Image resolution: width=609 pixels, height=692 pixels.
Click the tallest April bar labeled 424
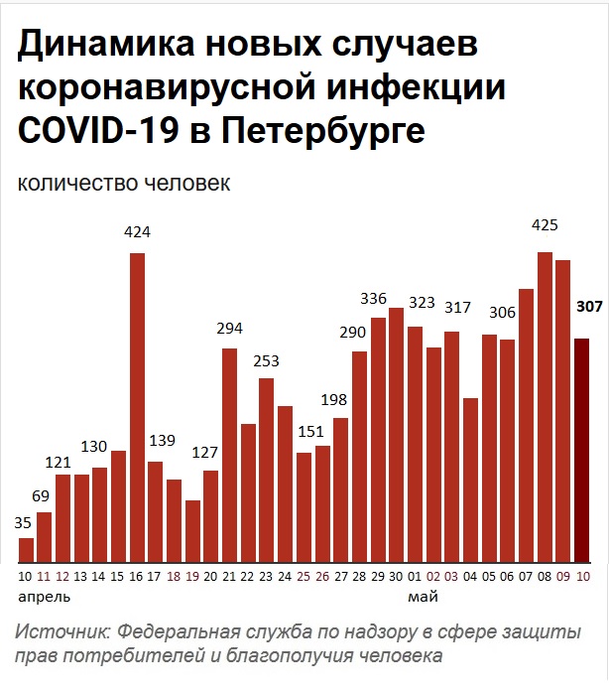coord(137,407)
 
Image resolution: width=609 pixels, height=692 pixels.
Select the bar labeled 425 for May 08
coord(545,407)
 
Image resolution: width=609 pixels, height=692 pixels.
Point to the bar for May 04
coord(470,480)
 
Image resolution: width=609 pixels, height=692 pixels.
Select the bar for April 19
coord(192,531)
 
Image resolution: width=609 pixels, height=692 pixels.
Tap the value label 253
coord(267,359)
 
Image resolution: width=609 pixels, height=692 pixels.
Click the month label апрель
coord(45,598)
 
